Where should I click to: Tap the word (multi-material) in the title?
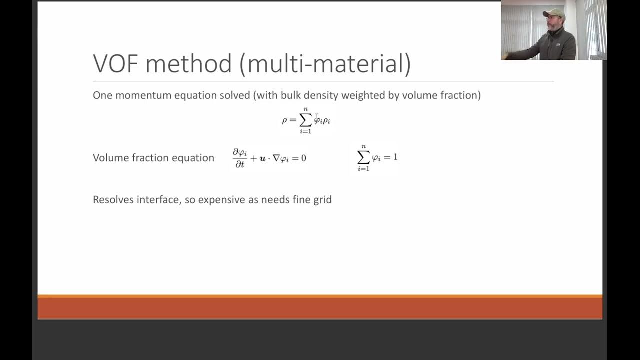tap(325, 64)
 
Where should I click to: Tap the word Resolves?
tap(113, 200)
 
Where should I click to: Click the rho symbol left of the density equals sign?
tap(285, 121)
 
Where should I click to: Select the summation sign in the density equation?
tap(305, 120)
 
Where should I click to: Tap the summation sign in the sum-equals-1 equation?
tap(363, 157)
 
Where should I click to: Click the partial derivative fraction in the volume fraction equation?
tap(240, 158)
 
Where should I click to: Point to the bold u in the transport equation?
tap(262, 158)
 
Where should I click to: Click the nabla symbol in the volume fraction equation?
tap(276, 158)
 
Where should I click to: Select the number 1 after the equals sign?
tap(395, 157)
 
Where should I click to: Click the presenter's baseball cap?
tap(553, 13)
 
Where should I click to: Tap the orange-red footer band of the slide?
tap(320, 308)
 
